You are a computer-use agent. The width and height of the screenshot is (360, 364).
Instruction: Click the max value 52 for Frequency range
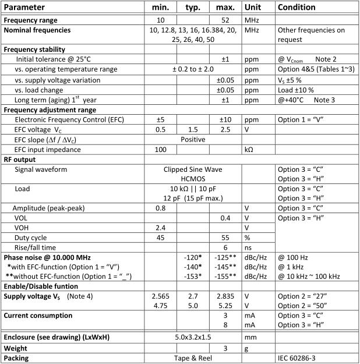[225, 20]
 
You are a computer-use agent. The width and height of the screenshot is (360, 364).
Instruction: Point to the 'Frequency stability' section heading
[34, 50]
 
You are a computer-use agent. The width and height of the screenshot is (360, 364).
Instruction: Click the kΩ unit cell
[250, 149]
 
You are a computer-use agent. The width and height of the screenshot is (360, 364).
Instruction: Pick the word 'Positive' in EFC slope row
[193, 139]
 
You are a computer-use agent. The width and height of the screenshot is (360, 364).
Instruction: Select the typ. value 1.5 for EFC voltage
[193, 129]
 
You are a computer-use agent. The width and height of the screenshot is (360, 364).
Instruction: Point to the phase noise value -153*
[193, 277]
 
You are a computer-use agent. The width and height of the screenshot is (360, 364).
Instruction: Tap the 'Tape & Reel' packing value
[193, 358]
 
